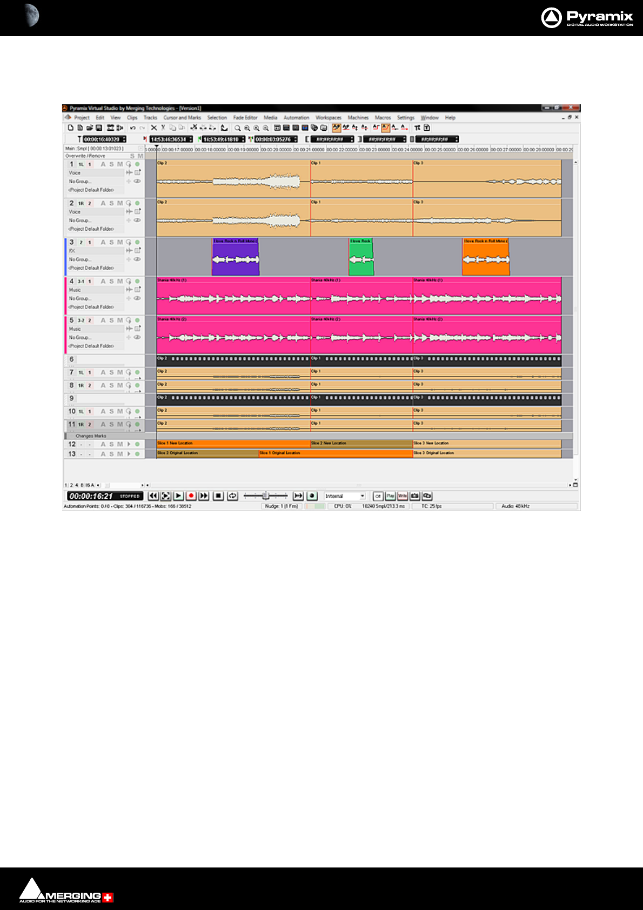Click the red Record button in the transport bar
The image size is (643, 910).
coord(191,496)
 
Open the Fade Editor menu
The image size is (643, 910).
coord(245,117)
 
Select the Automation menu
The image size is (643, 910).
coord(296,117)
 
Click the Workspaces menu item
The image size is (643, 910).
coord(329,117)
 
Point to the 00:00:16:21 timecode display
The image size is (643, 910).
coord(91,496)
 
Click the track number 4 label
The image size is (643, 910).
coord(71,281)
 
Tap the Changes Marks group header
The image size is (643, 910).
coord(91,436)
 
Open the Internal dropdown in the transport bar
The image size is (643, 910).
coord(345,496)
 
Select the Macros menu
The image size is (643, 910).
coord(383,117)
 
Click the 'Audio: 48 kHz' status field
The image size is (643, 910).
coord(515,506)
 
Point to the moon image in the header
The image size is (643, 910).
coord(31,15)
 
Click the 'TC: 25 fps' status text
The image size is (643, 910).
coord(431,506)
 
